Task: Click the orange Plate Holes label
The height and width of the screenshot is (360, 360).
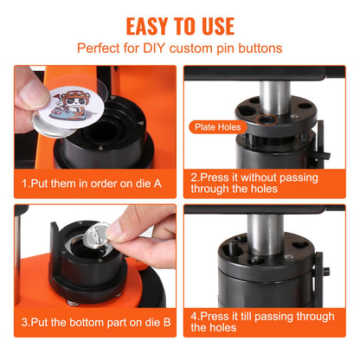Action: click(218, 127)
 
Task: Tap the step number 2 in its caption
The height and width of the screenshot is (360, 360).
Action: click(194, 175)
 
